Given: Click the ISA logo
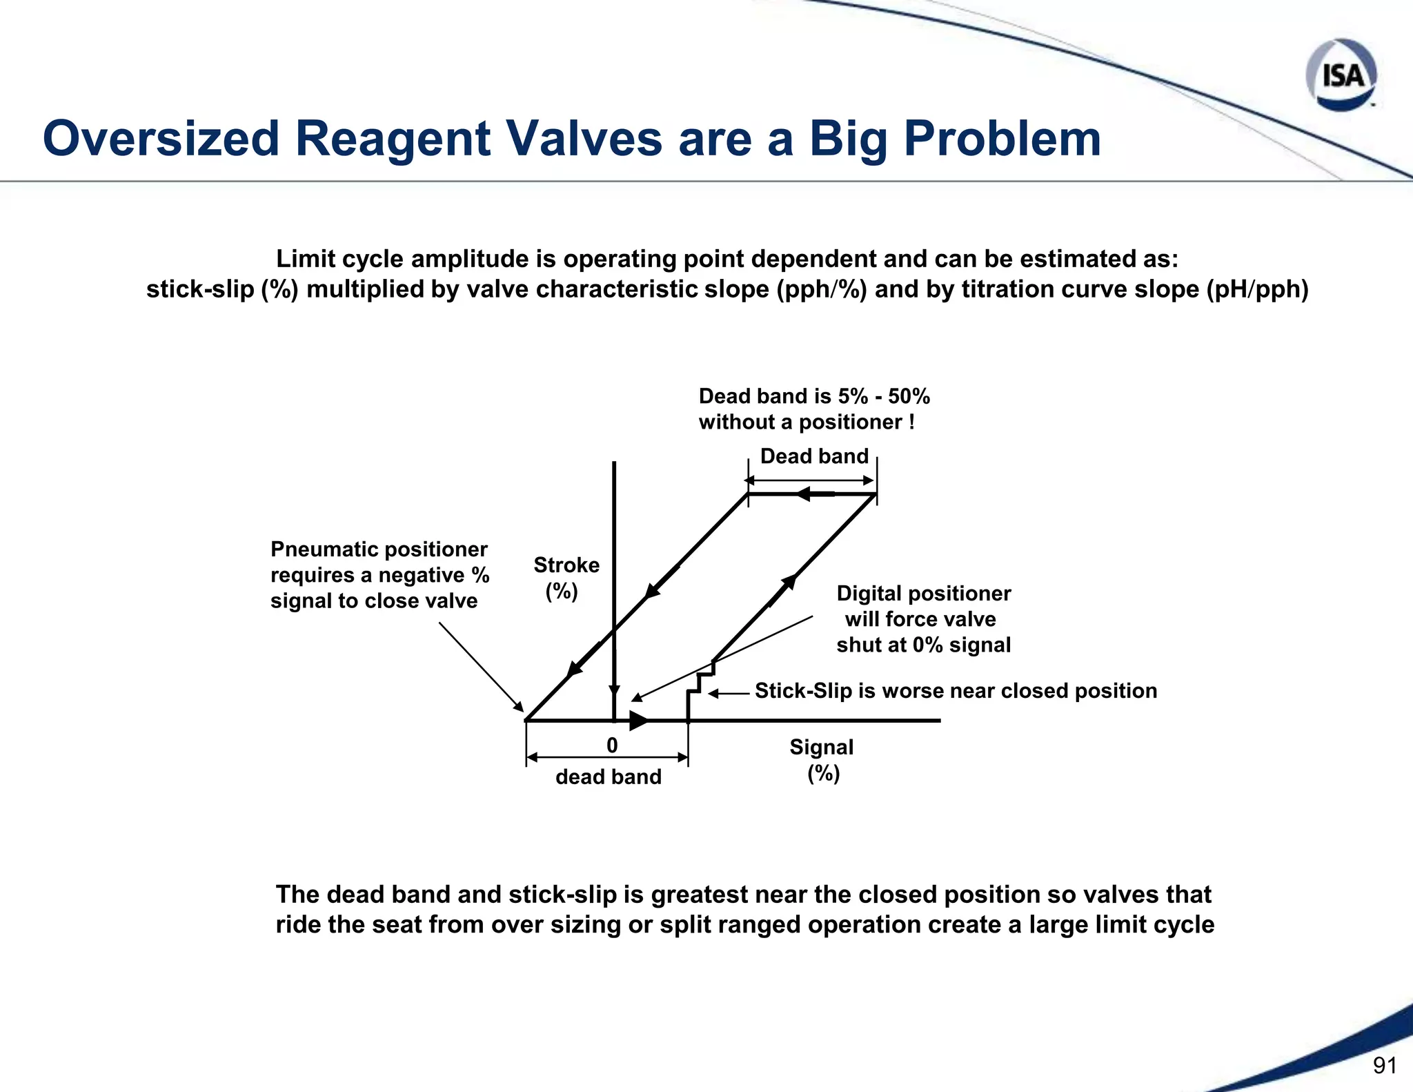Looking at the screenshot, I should click(1341, 75).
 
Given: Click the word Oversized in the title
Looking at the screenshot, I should click(161, 139).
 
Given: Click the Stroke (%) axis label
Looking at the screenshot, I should click(566, 578).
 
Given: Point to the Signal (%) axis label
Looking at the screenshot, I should click(821, 759).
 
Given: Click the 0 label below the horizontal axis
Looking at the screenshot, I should click(612, 745).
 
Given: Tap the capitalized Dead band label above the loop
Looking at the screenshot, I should click(814, 456).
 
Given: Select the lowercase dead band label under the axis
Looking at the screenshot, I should click(608, 777).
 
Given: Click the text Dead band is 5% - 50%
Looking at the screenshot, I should click(814, 396).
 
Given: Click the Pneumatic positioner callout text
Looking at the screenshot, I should click(379, 574).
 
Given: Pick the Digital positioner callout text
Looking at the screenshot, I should click(923, 619).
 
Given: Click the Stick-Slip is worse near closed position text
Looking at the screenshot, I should click(956, 691).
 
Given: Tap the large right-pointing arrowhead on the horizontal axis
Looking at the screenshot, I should click(638, 721).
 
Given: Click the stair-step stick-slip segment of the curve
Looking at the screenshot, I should click(699, 683).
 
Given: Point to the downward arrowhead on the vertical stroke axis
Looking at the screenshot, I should click(614, 692).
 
